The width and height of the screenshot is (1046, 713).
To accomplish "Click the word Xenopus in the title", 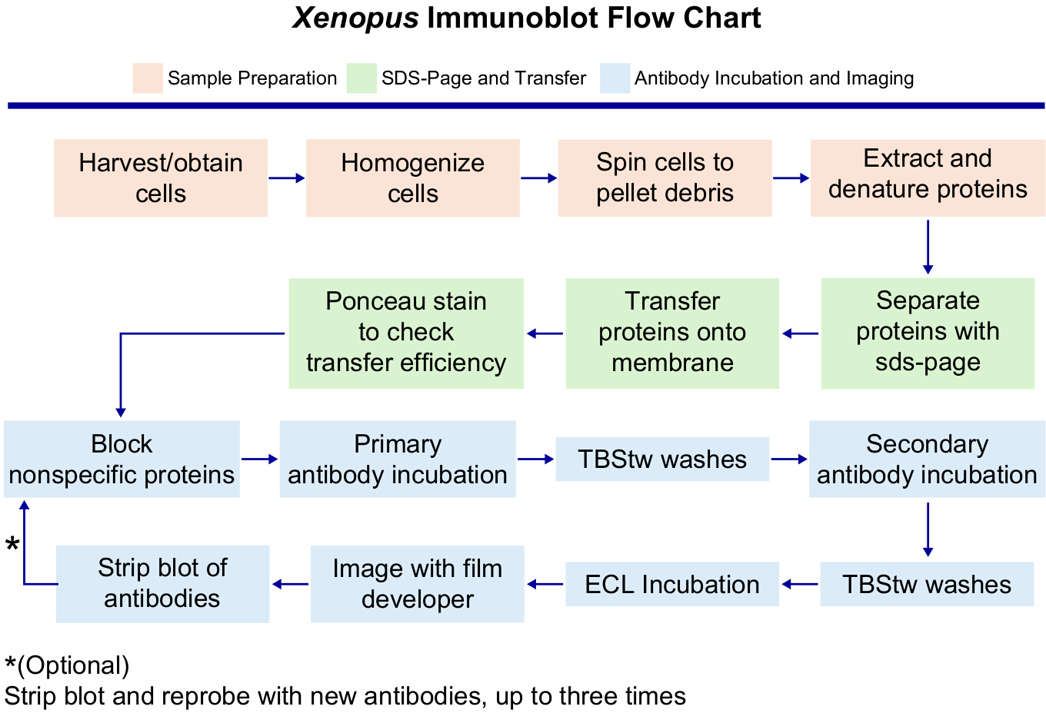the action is click(x=355, y=18).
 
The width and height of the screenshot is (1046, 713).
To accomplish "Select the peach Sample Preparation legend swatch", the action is click(x=148, y=78).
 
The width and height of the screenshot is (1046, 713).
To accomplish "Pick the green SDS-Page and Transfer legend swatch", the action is click(x=361, y=78).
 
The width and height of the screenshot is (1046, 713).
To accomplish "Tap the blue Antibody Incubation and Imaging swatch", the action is click(x=615, y=78).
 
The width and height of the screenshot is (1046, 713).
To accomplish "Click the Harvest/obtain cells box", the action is click(x=161, y=177).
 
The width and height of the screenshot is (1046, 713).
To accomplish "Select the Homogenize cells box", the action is click(x=413, y=177).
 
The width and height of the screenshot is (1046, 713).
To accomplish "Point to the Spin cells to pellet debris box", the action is click(x=665, y=177).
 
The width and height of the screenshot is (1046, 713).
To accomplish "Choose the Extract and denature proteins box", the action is click(x=928, y=177).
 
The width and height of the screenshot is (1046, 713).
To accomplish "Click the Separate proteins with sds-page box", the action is click(x=928, y=333).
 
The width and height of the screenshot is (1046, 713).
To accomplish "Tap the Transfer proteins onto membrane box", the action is click(x=672, y=333).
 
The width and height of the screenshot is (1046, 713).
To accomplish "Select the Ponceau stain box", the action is click(x=406, y=333).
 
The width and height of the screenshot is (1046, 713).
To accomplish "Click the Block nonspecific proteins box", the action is click(x=122, y=459).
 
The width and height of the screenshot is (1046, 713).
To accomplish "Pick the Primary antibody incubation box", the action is click(x=398, y=459).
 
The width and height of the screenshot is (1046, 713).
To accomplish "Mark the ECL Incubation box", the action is click(x=672, y=584).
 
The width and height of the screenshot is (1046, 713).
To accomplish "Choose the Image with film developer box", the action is click(x=418, y=584).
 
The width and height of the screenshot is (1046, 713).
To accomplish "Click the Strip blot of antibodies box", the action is click(x=162, y=584).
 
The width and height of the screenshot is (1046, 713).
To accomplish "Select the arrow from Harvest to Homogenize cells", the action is click(x=287, y=177).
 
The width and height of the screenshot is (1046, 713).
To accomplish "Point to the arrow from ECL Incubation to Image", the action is click(x=545, y=584).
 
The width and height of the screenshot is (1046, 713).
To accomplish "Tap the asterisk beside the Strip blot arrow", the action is click(x=12, y=544).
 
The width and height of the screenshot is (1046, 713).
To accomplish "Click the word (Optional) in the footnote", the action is click(x=73, y=665).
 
